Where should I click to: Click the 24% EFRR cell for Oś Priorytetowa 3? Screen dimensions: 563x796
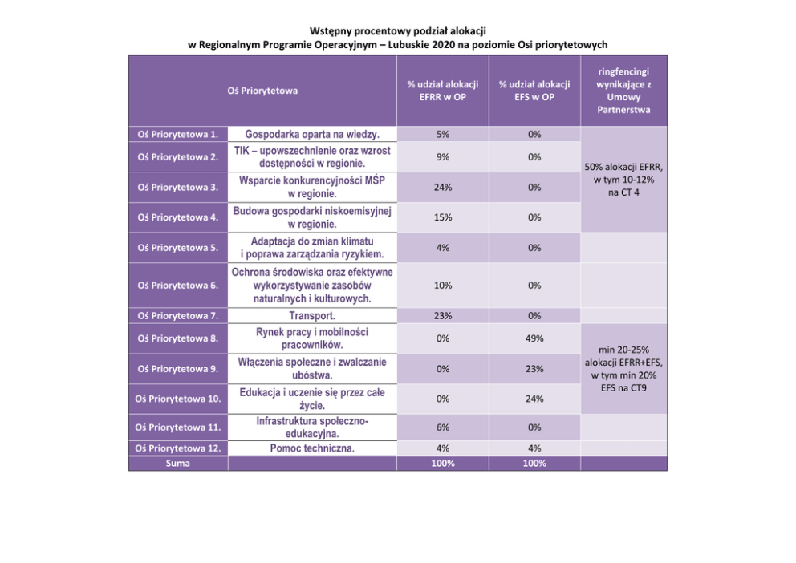442,187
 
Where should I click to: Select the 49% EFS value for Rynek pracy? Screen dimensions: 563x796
534,338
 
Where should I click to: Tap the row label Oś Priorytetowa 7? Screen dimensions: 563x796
178,316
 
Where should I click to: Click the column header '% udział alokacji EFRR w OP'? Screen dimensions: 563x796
442,91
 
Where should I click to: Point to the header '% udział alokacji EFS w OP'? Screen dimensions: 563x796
534,91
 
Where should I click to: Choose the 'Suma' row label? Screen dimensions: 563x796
178,464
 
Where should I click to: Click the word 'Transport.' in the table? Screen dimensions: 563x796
312,316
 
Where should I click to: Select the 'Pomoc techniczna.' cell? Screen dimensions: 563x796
312,448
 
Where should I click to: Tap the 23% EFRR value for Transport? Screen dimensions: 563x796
442,316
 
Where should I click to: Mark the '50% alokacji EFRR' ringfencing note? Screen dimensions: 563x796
623,180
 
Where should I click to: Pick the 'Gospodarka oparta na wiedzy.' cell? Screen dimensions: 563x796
312,134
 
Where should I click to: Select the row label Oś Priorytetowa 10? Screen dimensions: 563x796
178,399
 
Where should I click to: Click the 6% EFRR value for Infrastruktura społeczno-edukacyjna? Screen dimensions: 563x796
442,427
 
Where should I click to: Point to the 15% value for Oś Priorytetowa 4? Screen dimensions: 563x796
442,217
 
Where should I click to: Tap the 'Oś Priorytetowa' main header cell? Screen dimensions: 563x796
262,91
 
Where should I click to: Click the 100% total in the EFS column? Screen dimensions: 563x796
534,464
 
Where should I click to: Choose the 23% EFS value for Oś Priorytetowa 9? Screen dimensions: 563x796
534,369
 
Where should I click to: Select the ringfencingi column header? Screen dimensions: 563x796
623,91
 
